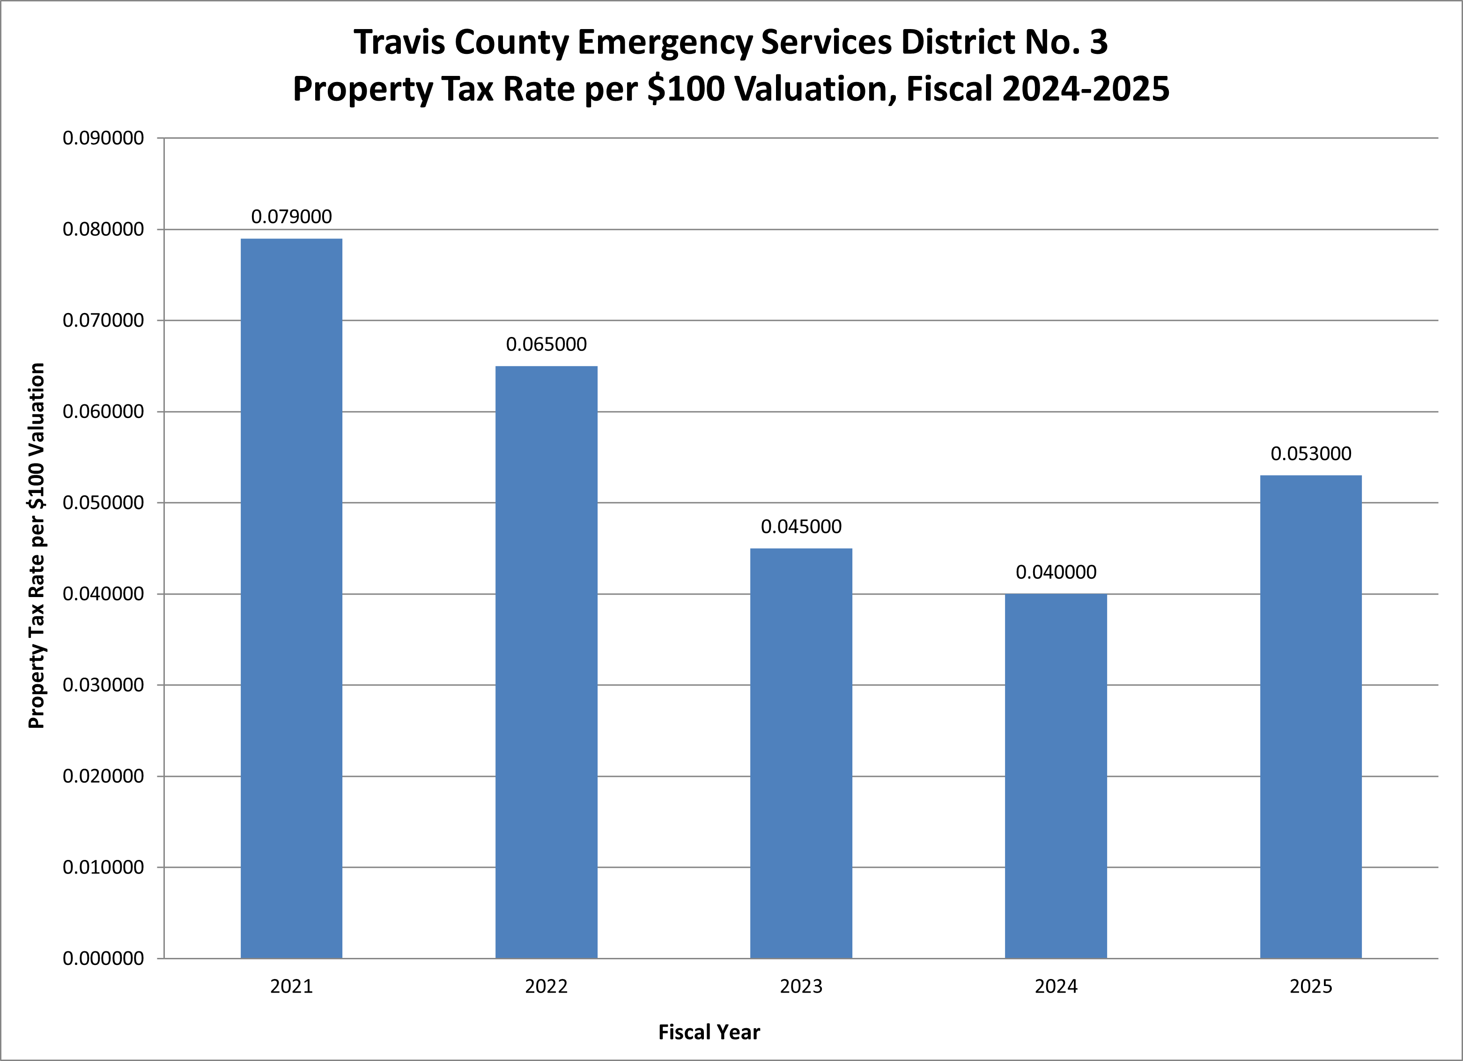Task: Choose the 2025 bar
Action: (1310, 717)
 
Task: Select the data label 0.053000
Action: (1310, 454)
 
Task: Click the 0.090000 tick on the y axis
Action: (103, 138)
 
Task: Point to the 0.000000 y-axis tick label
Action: (103, 958)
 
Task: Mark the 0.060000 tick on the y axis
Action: (103, 412)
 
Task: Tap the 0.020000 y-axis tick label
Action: (103, 777)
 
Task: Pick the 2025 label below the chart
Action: (1310, 987)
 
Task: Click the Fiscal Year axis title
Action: (709, 1032)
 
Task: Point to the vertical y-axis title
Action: (37, 545)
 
